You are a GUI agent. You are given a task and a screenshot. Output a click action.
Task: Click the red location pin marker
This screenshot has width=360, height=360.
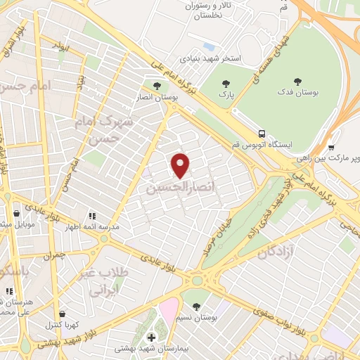(181, 165)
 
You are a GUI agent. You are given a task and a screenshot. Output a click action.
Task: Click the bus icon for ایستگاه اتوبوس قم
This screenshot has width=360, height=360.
(262, 134)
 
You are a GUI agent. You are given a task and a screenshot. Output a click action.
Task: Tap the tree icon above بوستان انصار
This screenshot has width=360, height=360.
(166, 86)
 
